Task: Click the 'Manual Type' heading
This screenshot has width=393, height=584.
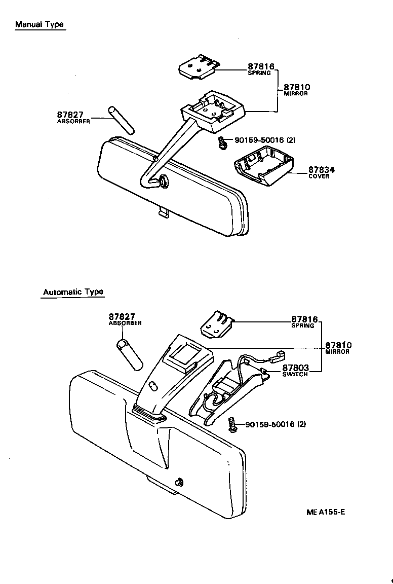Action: coord(40,24)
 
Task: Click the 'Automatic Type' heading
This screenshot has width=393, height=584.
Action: coord(73,292)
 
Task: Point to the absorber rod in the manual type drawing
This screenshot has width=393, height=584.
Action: coord(120,119)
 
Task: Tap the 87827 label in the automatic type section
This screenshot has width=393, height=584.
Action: coord(122,317)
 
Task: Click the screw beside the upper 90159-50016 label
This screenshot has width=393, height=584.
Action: coord(222,143)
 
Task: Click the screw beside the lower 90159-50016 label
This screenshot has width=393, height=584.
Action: coord(233,424)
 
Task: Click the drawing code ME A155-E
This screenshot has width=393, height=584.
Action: coord(326,512)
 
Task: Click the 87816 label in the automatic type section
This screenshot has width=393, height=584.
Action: coord(304,319)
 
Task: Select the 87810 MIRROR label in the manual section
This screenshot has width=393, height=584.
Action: coord(296,89)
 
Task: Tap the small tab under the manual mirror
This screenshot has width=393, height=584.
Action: coord(163,213)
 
